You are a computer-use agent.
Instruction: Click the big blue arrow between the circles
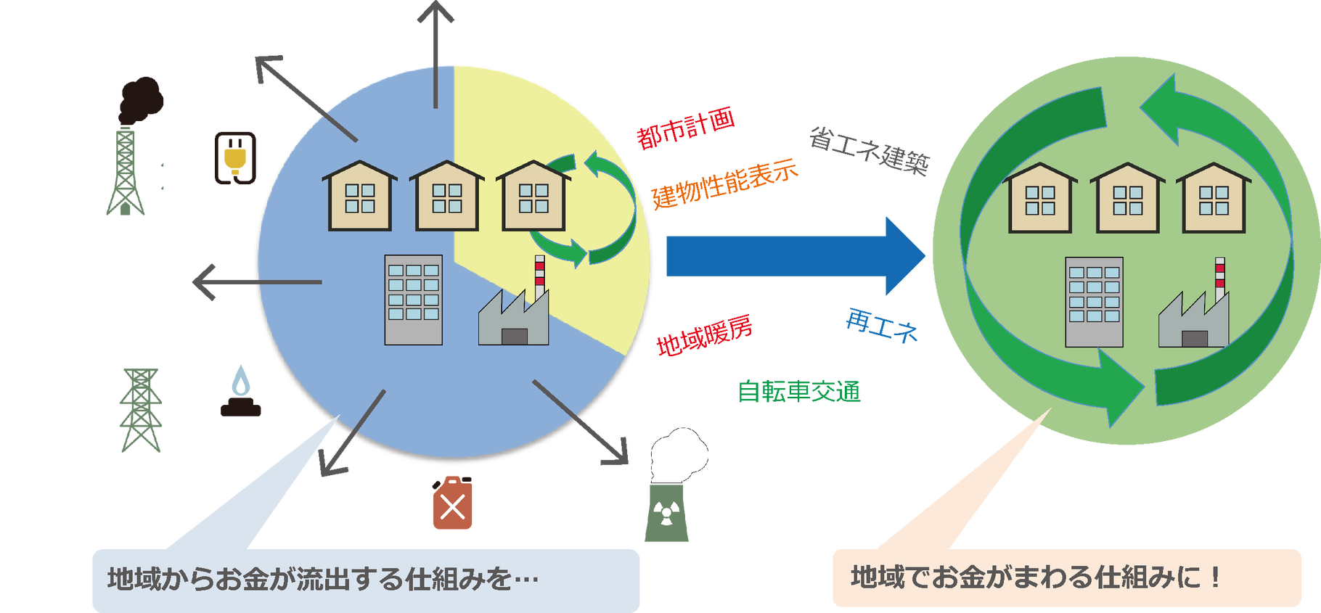(x=791, y=256)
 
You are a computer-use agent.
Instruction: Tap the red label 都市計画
(x=685, y=129)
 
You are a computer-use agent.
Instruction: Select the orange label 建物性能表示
(x=724, y=184)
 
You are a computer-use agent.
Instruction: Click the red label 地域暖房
(x=703, y=336)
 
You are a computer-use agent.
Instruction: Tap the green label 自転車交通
(x=799, y=392)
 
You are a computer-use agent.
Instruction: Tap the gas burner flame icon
(x=240, y=392)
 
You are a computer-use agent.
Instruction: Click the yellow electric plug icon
(x=234, y=159)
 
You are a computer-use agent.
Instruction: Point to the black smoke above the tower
(x=142, y=98)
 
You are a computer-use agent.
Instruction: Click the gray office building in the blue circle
(x=413, y=299)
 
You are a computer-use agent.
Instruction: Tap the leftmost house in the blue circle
(x=359, y=197)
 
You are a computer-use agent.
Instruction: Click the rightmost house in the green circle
(x=1213, y=199)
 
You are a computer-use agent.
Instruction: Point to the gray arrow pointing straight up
(x=436, y=51)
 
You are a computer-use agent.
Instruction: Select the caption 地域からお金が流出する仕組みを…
(x=323, y=580)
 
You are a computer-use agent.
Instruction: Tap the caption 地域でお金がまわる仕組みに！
(x=1034, y=578)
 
